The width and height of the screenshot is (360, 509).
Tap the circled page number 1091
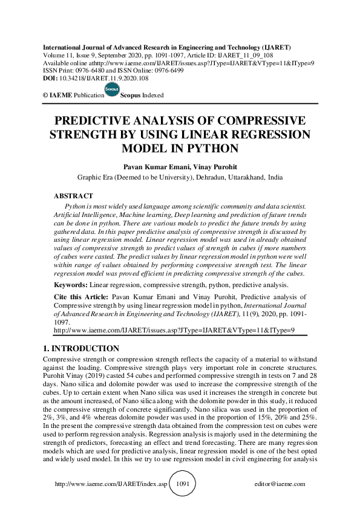click(x=182, y=484)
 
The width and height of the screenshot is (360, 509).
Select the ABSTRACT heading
click(x=73, y=196)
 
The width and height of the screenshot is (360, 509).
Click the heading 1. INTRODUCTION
click(x=82, y=349)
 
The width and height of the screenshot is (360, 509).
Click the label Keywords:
click(x=71, y=284)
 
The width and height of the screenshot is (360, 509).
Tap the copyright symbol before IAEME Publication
click(x=45, y=96)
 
